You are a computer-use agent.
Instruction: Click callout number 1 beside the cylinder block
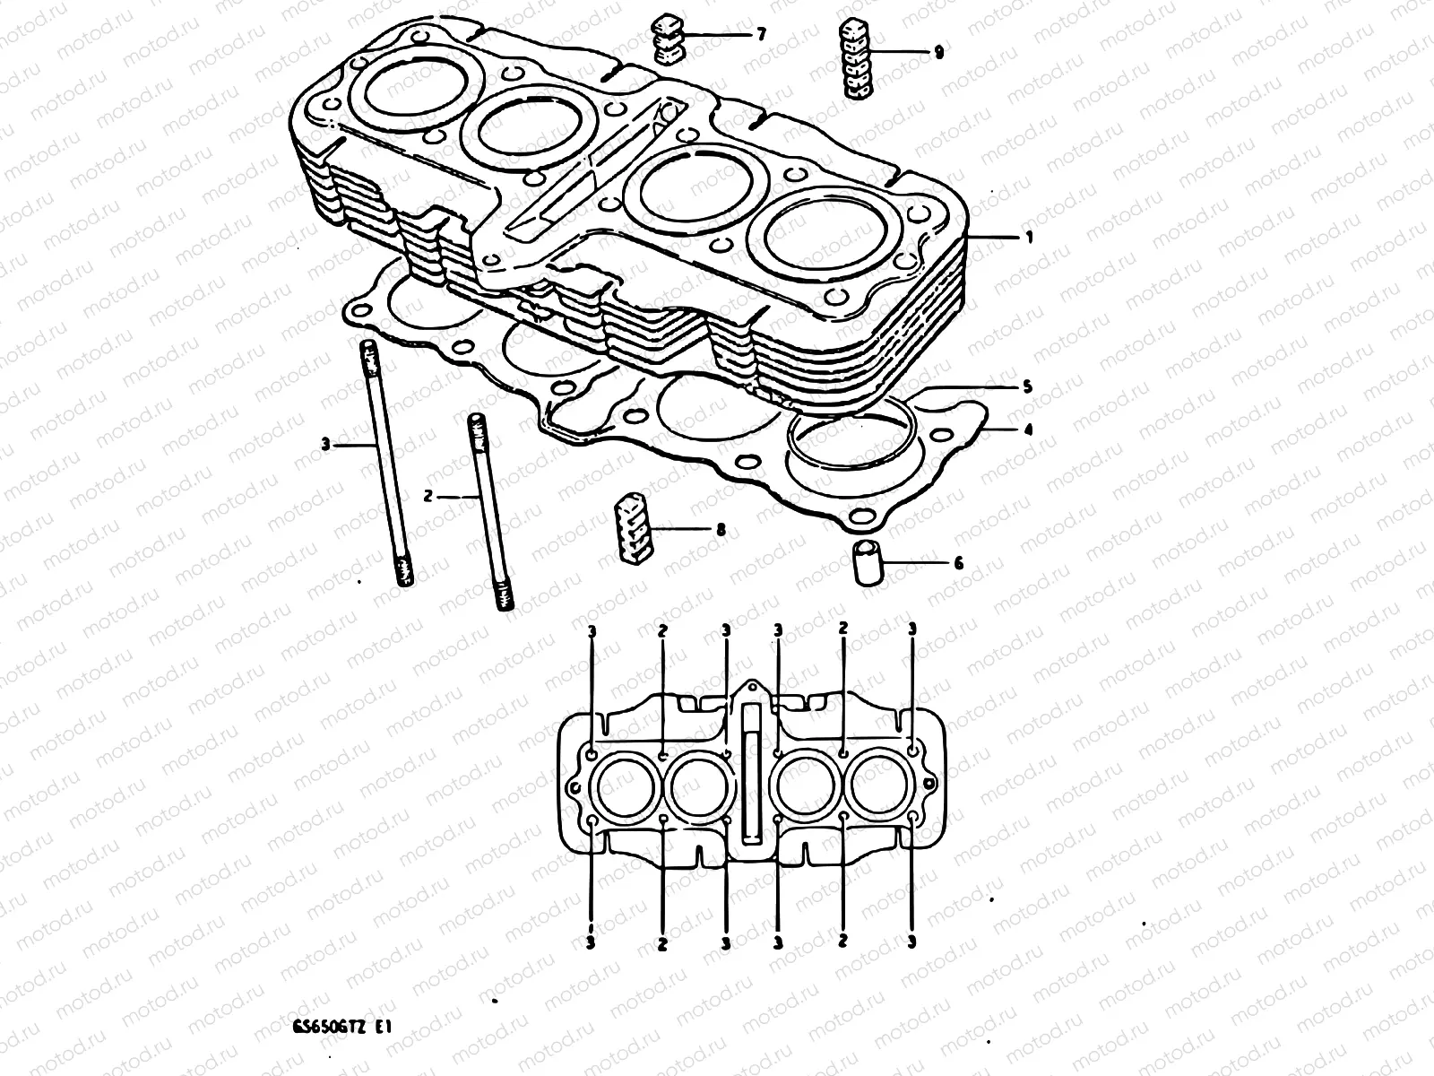(x=1029, y=238)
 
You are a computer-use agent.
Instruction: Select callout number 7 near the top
(x=761, y=35)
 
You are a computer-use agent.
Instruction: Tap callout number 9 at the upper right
(x=938, y=53)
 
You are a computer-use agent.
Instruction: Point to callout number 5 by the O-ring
(x=1029, y=387)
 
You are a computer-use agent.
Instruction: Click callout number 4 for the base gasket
(x=1029, y=430)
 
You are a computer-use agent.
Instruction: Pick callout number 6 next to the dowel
(x=958, y=564)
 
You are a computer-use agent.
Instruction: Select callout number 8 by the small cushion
(x=720, y=531)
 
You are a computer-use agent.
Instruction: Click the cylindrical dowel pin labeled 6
(x=867, y=563)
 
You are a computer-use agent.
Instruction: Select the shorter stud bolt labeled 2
(x=488, y=511)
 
